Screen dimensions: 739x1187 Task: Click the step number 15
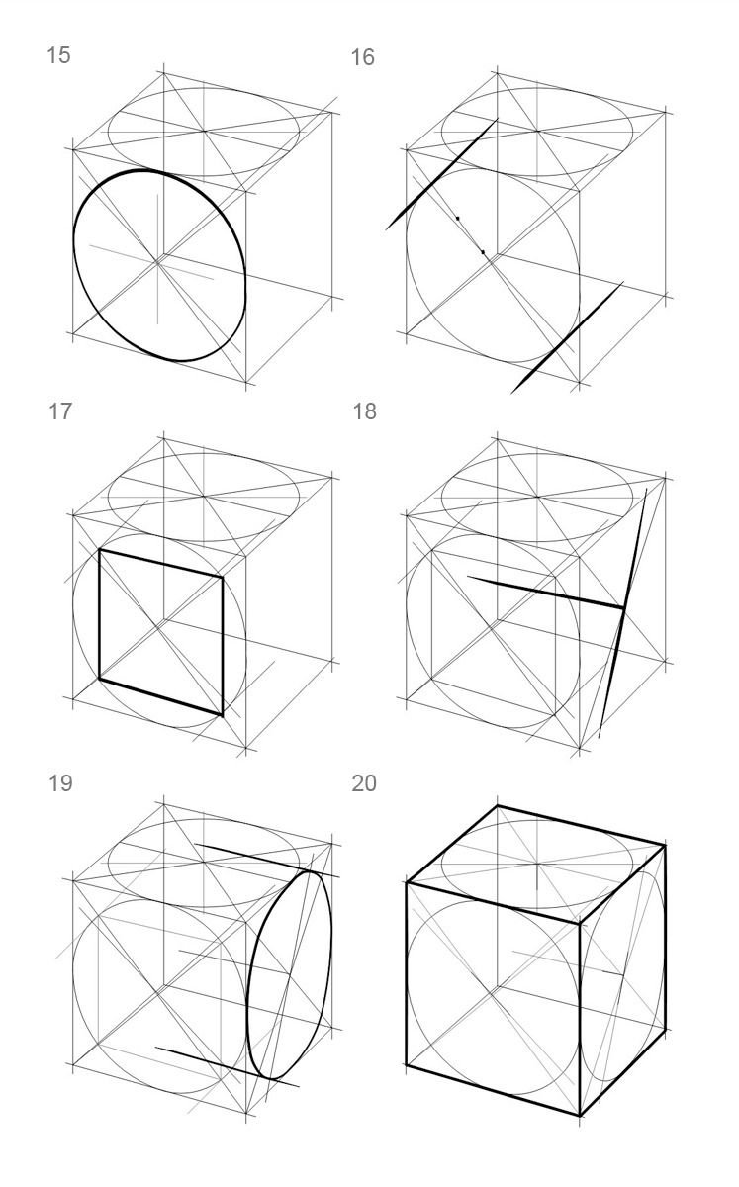(58, 55)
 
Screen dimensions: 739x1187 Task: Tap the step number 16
(363, 57)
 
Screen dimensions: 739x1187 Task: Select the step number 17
(59, 411)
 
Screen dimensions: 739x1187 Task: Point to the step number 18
(365, 411)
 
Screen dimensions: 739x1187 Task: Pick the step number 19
(60, 783)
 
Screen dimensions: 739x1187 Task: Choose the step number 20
(364, 783)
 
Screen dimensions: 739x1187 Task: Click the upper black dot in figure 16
(457, 218)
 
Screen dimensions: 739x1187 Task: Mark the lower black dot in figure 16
(483, 251)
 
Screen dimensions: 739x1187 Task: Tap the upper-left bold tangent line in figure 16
(441, 174)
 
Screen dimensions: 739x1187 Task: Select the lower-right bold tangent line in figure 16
(567, 337)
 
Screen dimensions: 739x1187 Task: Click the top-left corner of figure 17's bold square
(100, 550)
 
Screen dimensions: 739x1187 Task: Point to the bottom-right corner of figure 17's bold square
(222, 716)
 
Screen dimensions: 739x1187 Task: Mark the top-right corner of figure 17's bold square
(223, 577)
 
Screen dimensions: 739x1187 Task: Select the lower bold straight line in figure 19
(227, 1066)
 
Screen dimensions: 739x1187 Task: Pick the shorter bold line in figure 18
(545, 592)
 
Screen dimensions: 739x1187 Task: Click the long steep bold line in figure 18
(623, 613)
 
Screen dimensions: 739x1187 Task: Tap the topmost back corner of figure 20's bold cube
(498, 806)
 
